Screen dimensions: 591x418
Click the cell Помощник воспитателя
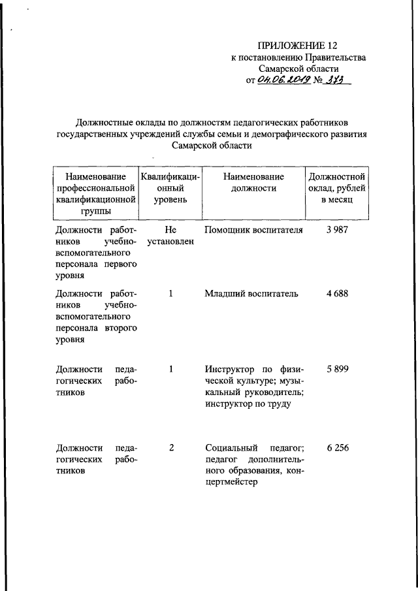[254, 231]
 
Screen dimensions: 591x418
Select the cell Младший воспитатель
[251, 294]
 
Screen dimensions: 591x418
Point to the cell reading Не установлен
[170, 236]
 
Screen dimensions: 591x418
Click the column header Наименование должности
[253, 182]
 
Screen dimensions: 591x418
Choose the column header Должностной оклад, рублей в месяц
[337, 188]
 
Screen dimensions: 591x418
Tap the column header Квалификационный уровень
[170, 188]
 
